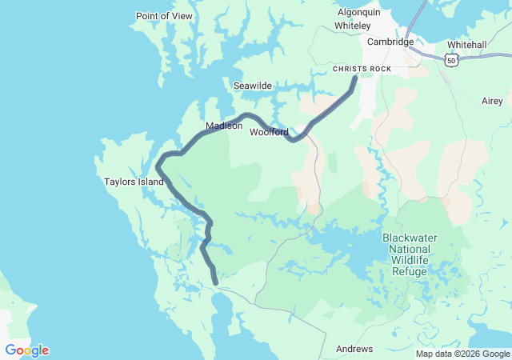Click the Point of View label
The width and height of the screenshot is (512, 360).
(x=164, y=16)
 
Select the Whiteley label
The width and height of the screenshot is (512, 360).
(x=352, y=26)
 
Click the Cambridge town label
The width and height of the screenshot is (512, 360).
(x=390, y=42)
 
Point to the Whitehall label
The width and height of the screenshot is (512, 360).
(x=466, y=45)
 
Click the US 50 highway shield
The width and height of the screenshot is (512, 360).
(x=453, y=61)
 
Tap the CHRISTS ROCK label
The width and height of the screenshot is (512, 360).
(x=362, y=70)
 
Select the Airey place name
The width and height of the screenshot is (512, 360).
(x=492, y=101)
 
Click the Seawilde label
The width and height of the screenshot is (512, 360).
(x=253, y=86)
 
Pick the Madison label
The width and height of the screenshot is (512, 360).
(x=223, y=126)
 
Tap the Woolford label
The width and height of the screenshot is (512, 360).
(x=269, y=132)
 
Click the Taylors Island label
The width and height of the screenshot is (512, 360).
(x=134, y=182)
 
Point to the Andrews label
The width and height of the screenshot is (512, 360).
(x=354, y=349)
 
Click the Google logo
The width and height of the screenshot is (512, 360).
(x=26, y=350)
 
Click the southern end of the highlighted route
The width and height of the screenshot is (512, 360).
(x=215, y=281)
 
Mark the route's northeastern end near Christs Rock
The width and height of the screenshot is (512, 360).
(x=354, y=78)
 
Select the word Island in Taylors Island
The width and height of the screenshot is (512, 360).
(x=150, y=182)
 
